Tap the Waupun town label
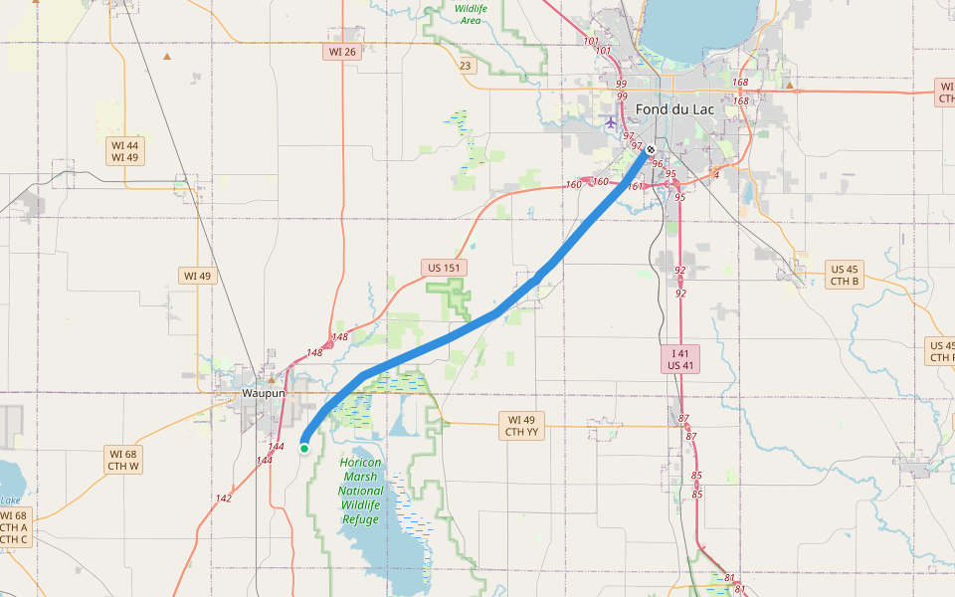click(264, 393)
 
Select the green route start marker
click(304, 449)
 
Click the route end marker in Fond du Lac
click(651, 150)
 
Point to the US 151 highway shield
click(444, 268)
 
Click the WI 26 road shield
click(341, 52)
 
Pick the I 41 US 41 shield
click(680, 359)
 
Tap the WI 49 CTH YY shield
click(521, 426)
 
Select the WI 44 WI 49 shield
click(124, 151)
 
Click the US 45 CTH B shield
click(845, 275)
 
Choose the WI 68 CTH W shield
click(124, 459)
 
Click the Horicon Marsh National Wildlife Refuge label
click(360, 491)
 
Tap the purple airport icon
click(611, 122)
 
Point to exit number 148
click(315, 353)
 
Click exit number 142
click(223, 498)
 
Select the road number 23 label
click(465, 66)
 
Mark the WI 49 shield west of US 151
click(197, 276)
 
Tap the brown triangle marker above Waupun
click(271, 379)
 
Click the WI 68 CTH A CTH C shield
click(15, 527)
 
